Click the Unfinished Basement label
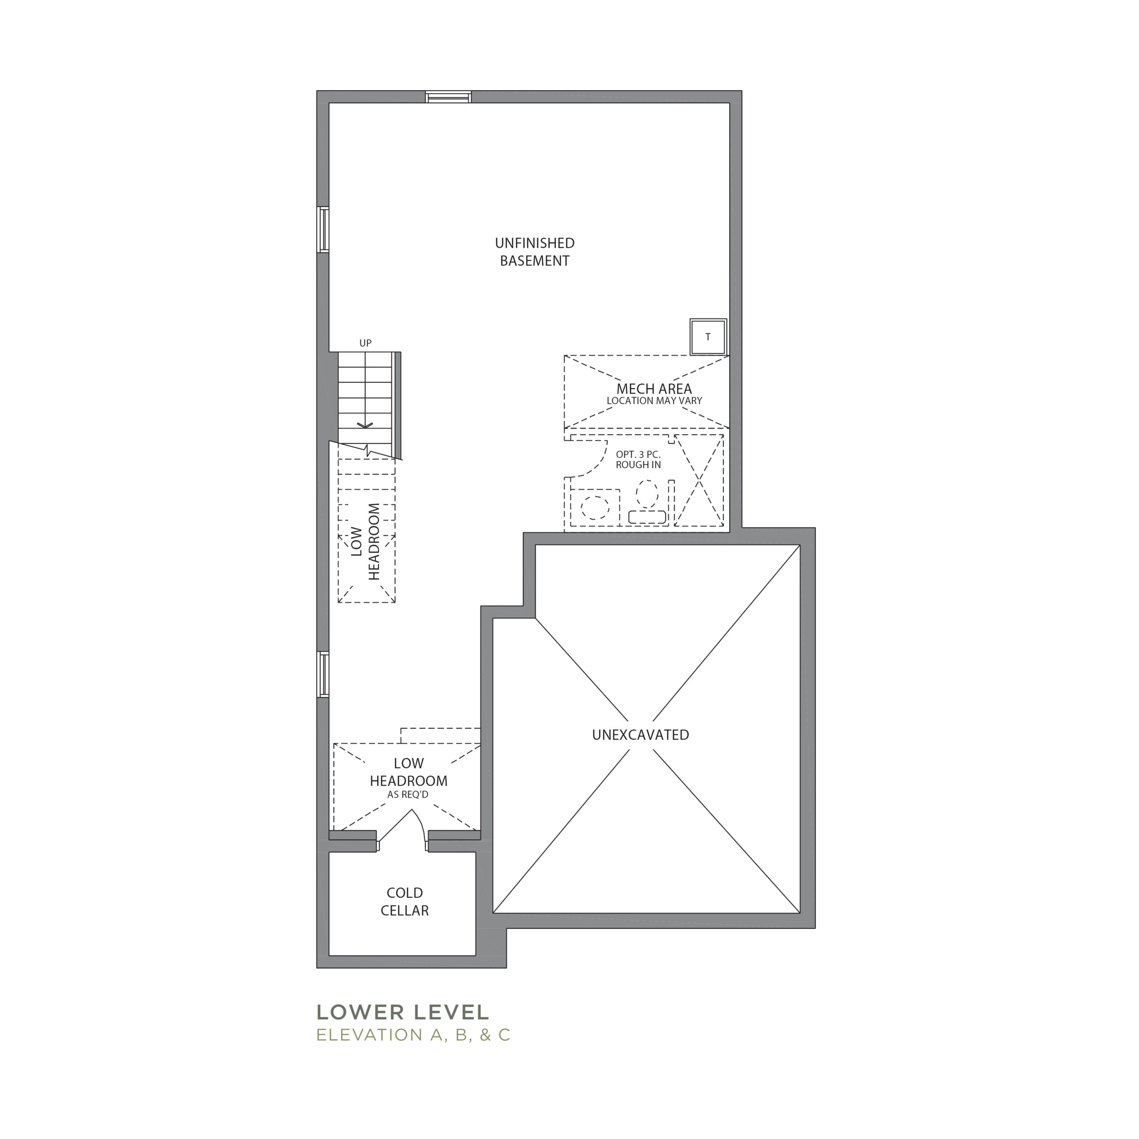point(535,252)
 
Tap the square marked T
point(708,337)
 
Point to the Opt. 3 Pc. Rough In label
point(638,459)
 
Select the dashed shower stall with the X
point(699,481)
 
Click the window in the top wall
point(448,97)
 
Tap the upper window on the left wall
point(323,229)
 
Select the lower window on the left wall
point(323,675)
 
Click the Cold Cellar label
point(404,901)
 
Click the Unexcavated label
point(640,735)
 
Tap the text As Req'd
point(408,795)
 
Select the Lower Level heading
point(403,1012)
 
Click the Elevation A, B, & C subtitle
point(413,1035)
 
